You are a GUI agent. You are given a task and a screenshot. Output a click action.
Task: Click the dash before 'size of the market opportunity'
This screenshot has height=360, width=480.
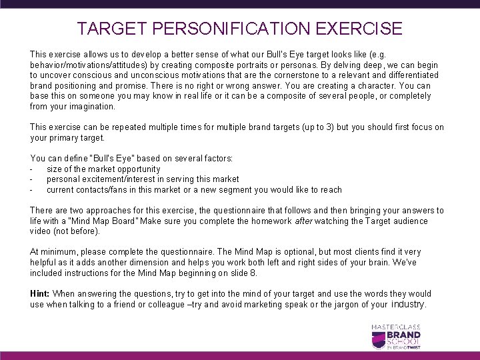coord(33,169)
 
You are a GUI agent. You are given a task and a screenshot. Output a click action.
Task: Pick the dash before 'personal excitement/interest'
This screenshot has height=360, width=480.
coord(33,179)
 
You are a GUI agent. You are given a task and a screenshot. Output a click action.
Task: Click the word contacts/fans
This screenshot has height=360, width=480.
coord(103,190)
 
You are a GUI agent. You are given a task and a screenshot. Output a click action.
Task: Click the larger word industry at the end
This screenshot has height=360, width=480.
coord(407,304)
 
